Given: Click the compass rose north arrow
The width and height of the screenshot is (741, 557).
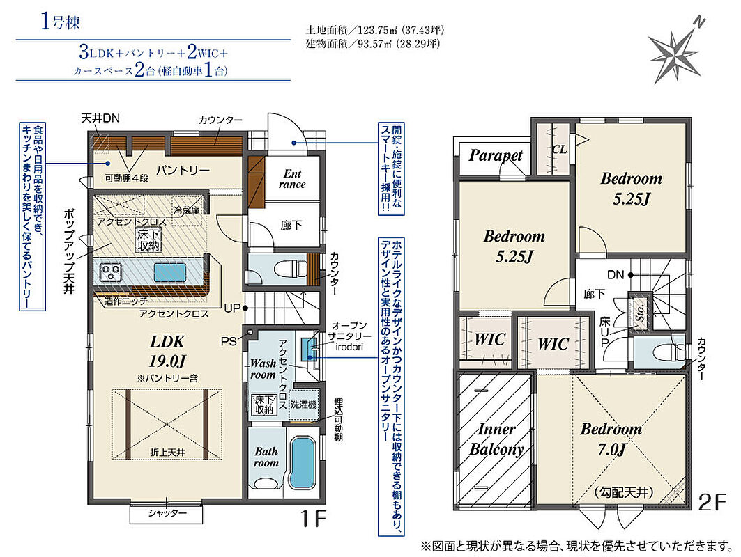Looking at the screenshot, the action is pos(675,49).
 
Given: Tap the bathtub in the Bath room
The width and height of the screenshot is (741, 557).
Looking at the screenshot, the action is pos(302,462).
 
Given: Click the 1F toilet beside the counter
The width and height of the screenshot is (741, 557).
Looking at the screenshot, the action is pos(285,271).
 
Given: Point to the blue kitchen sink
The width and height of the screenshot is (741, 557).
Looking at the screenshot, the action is pos(170,273).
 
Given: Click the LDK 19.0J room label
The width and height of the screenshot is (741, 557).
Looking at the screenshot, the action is pos(167,351).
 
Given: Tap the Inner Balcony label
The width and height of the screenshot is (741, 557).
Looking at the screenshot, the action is pos(496,439).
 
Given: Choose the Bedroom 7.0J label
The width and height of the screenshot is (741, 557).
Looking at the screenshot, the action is pos(611,439).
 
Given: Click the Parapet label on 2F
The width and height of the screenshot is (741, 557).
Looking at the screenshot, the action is pos(495,155).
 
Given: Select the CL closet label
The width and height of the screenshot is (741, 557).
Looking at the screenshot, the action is pos(559,150).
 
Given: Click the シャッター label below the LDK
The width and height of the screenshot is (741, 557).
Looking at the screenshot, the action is pos(167,513).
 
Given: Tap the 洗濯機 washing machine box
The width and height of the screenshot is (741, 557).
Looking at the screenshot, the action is pos(303,405).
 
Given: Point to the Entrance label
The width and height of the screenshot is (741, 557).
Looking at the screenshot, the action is pos(292,179).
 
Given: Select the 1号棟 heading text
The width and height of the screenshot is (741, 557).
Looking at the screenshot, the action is pos(60,22).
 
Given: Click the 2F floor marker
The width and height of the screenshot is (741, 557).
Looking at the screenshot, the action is pos(712,502).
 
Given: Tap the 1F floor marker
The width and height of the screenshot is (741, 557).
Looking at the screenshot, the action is pos(314,519).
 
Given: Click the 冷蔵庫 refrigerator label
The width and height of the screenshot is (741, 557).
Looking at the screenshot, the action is pos(187,210).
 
